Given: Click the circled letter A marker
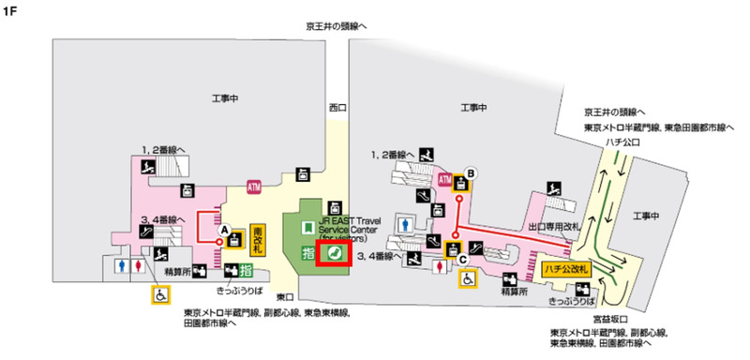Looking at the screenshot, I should [225, 228].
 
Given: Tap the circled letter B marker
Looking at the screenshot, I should [472, 172].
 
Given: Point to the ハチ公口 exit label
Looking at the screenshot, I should [621, 142].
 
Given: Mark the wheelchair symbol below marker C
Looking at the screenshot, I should [467, 277].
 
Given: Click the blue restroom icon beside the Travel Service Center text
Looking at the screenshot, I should [404, 222].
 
